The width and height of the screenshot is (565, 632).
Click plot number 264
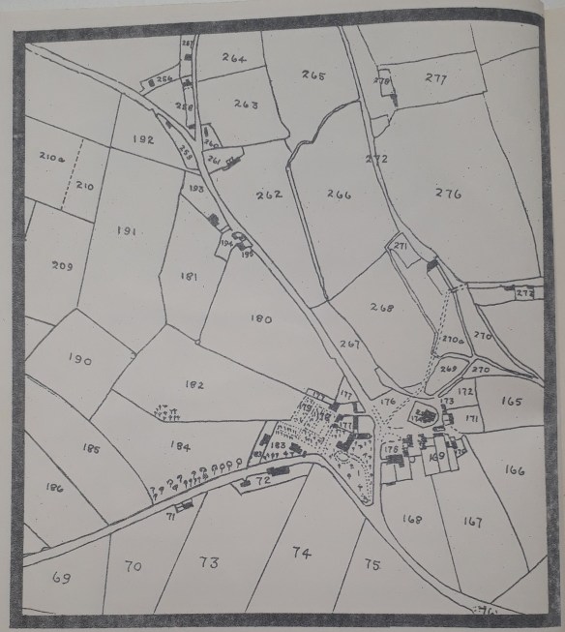point(234,58)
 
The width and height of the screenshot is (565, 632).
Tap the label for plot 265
point(313,75)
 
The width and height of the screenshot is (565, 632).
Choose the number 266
point(339,194)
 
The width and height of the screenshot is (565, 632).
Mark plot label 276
point(449,194)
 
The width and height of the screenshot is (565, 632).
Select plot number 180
point(261,316)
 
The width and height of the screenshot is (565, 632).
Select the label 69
point(61,578)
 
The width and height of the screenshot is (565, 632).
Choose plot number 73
point(208,562)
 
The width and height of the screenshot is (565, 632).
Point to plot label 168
point(412,519)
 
